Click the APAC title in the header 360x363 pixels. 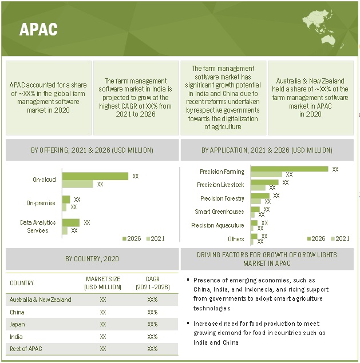click(38, 30)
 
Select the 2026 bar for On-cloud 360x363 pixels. click(95, 176)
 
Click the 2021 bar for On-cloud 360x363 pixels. click(77, 184)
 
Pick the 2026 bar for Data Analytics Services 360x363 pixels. click(71, 222)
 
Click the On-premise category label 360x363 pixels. click(41, 203)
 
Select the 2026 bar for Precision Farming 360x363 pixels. click(289, 169)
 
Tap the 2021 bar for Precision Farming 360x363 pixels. click(266, 174)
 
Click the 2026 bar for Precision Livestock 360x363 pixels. click(264, 182)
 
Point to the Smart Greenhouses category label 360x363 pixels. click(219, 212)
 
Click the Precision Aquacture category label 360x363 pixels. click(217, 225)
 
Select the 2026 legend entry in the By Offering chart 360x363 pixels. click(130, 238)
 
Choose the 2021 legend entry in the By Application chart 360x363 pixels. click(339, 238)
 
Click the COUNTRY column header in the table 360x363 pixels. click(22, 283)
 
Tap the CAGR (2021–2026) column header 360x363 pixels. click(152, 282)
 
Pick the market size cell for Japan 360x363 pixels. click(103, 324)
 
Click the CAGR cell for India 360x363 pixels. click(152, 337)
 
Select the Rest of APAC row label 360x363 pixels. click(26, 349)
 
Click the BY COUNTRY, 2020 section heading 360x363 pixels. click(92, 259)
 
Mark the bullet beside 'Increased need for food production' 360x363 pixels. click(188, 324)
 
